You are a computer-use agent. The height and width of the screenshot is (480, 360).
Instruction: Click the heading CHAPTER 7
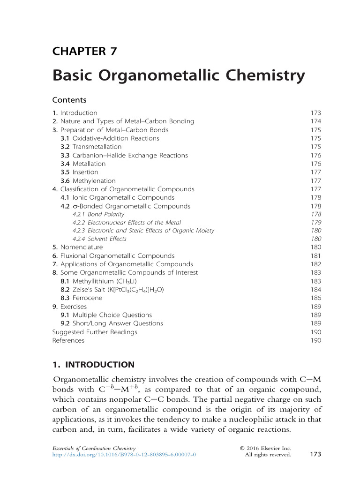click(x=84, y=51)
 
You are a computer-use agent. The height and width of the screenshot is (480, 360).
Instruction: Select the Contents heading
click(x=69, y=100)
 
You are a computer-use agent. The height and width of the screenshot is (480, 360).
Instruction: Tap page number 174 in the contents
click(x=315, y=121)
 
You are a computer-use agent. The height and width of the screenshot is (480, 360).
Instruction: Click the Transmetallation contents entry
click(x=97, y=147)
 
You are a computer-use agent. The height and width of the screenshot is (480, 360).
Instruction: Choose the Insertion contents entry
click(x=85, y=172)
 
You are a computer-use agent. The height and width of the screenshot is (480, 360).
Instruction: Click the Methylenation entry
click(x=94, y=180)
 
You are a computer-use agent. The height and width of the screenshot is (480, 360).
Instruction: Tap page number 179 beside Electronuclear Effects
click(x=315, y=223)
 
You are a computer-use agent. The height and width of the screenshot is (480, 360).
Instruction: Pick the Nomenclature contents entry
click(x=81, y=247)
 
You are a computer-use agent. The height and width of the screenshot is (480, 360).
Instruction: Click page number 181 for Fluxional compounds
click(x=315, y=255)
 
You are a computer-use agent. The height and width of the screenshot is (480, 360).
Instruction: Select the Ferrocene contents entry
click(x=87, y=298)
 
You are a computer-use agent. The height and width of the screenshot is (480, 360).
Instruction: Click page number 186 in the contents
click(x=315, y=298)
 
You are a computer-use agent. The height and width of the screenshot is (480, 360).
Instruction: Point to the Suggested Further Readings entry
click(x=95, y=332)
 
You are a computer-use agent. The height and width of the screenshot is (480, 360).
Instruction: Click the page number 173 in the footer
click(x=315, y=454)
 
